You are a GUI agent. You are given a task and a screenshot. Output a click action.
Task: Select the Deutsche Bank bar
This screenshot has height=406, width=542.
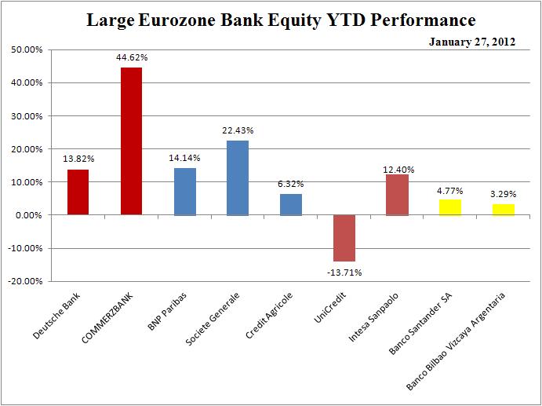tap(78, 192)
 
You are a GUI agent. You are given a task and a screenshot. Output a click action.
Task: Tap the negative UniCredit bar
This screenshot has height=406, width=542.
tap(344, 238)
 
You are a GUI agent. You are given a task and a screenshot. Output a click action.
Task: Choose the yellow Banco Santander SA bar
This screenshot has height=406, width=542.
tap(450, 207)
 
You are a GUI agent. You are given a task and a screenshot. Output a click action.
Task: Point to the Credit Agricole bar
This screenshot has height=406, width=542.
tap(291, 204)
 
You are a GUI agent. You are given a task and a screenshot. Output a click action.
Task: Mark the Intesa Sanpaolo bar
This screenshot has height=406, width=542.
tap(397, 195)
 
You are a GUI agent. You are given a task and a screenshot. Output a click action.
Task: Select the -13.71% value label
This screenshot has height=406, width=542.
tap(344, 272)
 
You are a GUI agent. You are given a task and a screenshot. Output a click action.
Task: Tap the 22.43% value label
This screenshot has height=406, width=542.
tap(238, 130)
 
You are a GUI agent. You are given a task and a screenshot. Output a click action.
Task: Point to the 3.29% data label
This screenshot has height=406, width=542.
tap(504, 193)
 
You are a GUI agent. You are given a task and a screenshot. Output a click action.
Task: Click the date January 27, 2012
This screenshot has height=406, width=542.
tap(472, 42)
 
